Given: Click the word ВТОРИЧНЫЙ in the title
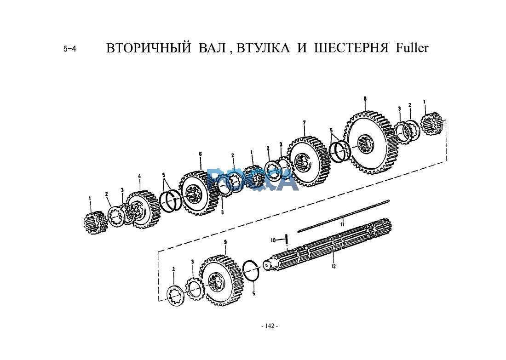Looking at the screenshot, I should (149, 48).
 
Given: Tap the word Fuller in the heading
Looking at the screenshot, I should (412, 48).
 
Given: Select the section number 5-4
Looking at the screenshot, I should (70, 49).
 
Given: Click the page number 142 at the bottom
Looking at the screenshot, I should (270, 326).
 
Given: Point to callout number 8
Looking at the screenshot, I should (365, 99).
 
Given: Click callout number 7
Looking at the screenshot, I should (304, 123).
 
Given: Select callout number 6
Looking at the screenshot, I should (201, 154).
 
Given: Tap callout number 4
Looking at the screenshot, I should (139, 176).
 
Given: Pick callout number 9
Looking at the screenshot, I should (225, 242).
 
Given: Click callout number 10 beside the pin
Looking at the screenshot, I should (273, 240).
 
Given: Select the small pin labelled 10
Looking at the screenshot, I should (286, 239).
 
